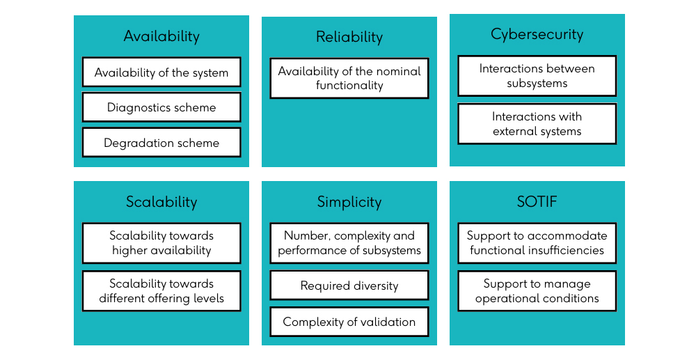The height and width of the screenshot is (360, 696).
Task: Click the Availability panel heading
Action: click(x=161, y=36)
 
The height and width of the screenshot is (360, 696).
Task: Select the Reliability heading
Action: click(x=349, y=37)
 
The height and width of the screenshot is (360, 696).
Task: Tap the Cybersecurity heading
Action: click(x=537, y=35)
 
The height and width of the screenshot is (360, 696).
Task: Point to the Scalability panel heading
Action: click(x=161, y=202)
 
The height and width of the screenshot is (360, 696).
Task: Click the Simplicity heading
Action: click(x=349, y=203)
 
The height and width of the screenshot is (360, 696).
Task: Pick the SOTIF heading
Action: click(x=537, y=202)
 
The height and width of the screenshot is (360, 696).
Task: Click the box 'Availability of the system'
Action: click(x=161, y=72)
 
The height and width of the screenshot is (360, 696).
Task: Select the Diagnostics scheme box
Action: click(x=161, y=107)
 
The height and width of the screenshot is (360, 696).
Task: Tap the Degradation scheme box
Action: click(x=161, y=143)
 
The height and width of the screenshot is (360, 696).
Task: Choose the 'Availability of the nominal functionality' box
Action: click(x=349, y=78)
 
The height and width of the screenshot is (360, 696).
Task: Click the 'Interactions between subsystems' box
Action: click(x=537, y=76)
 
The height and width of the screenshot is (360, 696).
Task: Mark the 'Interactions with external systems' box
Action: click(x=537, y=124)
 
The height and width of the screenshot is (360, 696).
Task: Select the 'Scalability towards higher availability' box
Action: click(x=161, y=243)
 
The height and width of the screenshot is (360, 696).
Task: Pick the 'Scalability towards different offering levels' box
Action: click(x=161, y=291)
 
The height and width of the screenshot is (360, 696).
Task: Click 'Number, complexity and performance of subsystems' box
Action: click(x=349, y=243)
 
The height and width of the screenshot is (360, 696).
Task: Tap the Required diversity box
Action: click(x=349, y=285)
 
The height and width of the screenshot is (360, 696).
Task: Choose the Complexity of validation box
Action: click(x=349, y=322)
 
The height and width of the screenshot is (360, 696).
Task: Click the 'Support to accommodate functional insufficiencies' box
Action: click(x=537, y=243)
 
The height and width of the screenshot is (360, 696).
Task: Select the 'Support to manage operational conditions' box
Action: click(x=537, y=291)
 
